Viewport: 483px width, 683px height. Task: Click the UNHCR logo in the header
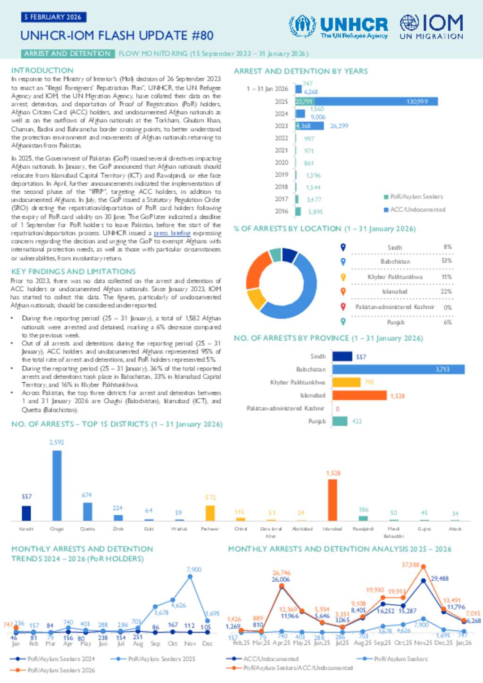[x=338, y=26]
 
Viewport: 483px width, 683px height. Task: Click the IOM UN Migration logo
[x=431, y=26]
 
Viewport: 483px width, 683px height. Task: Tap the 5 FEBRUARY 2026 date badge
[x=53, y=17]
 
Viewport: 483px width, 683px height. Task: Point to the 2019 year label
[x=281, y=174]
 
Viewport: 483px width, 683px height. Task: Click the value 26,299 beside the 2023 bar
[x=339, y=126]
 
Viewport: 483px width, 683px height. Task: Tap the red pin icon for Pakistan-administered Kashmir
[x=343, y=306]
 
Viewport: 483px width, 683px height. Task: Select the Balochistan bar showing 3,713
[x=398, y=369]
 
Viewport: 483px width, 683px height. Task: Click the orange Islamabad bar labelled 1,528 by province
[x=359, y=395]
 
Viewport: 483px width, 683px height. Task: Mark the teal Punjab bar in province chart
[x=340, y=421]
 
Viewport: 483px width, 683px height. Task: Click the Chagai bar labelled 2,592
[x=57, y=486]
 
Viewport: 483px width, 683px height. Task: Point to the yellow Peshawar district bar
[x=210, y=513]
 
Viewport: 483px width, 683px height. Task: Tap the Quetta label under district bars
[x=87, y=529]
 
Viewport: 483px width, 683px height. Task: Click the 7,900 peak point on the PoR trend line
[x=190, y=576]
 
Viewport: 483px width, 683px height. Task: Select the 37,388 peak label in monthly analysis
[x=410, y=565]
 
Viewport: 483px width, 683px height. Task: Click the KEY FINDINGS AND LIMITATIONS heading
[x=74, y=272]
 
